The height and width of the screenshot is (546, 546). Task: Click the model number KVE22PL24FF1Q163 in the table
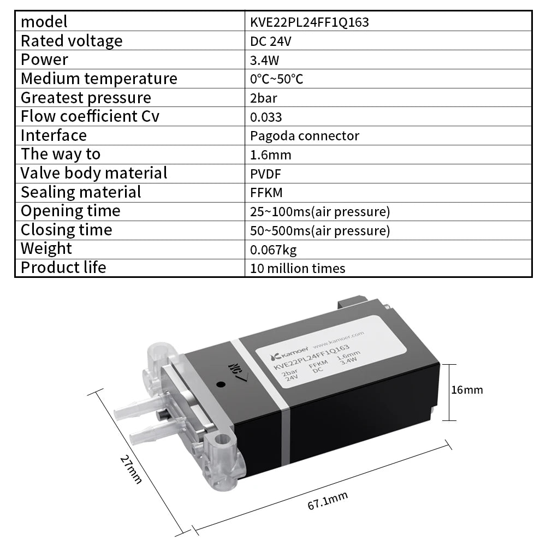point(310,22)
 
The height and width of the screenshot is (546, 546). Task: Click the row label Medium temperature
point(99,79)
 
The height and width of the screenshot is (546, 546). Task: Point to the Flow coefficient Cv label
point(90,116)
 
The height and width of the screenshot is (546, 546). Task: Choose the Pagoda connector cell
point(305,135)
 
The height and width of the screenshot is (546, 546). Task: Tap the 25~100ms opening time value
point(320,211)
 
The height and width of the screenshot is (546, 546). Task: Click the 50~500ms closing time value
point(320,230)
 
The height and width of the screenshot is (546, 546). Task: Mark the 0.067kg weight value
point(274,250)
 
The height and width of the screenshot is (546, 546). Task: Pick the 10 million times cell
point(298,269)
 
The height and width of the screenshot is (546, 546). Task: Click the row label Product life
point(63,268)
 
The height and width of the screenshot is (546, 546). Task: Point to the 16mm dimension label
point(467,390)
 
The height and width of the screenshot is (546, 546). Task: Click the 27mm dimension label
point(132,469)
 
